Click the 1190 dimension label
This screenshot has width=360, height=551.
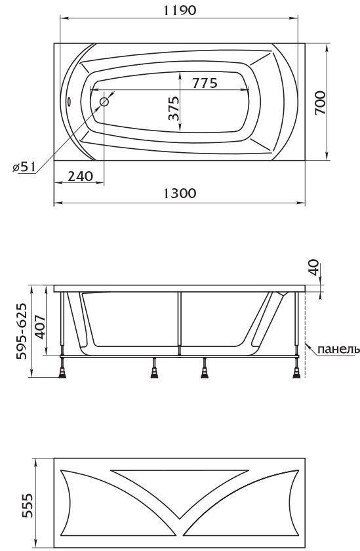click(180, 10)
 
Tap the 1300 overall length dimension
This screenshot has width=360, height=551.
click(180, 194)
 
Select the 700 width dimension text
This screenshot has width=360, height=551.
click(320, 102)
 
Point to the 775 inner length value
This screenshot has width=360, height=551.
click(205, 83)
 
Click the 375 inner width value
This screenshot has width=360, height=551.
click(174, 108)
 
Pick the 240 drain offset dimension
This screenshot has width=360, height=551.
click(81, 176)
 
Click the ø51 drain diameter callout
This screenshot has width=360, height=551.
click(24, 167)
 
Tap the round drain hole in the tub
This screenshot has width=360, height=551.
click(104, 102)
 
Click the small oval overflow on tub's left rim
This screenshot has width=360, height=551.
click(70, 101)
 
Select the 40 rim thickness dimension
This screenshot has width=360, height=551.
click(313, 267)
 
